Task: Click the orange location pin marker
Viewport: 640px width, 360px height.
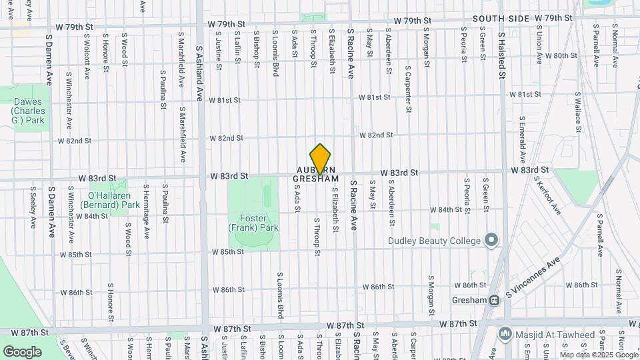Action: point(321,159)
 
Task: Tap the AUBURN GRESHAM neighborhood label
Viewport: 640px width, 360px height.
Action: point(317,175)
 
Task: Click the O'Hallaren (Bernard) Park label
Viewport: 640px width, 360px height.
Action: point(114,201)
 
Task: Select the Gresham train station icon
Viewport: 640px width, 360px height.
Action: point(495,301)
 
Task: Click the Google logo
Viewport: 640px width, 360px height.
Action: point(22,351)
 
